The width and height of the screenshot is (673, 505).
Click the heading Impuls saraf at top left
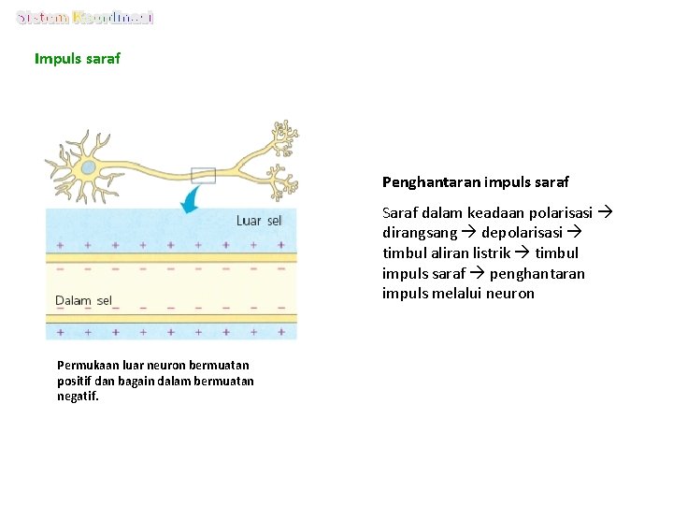[78, 59]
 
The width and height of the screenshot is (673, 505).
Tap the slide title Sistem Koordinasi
[85, 18]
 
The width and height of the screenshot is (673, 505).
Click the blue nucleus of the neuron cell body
[88, 168]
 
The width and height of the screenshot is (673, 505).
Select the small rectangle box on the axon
[203, 175]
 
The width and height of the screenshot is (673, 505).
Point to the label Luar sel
[258, 221]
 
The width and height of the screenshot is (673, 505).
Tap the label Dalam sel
[84, 300]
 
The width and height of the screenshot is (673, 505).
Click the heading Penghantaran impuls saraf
[475, 181]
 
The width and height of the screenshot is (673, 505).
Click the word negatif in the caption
[77, 396]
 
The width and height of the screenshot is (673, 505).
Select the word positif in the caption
[75, 381]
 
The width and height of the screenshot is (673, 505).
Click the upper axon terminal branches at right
[281, 138]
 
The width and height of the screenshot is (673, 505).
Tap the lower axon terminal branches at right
[279, 180]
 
